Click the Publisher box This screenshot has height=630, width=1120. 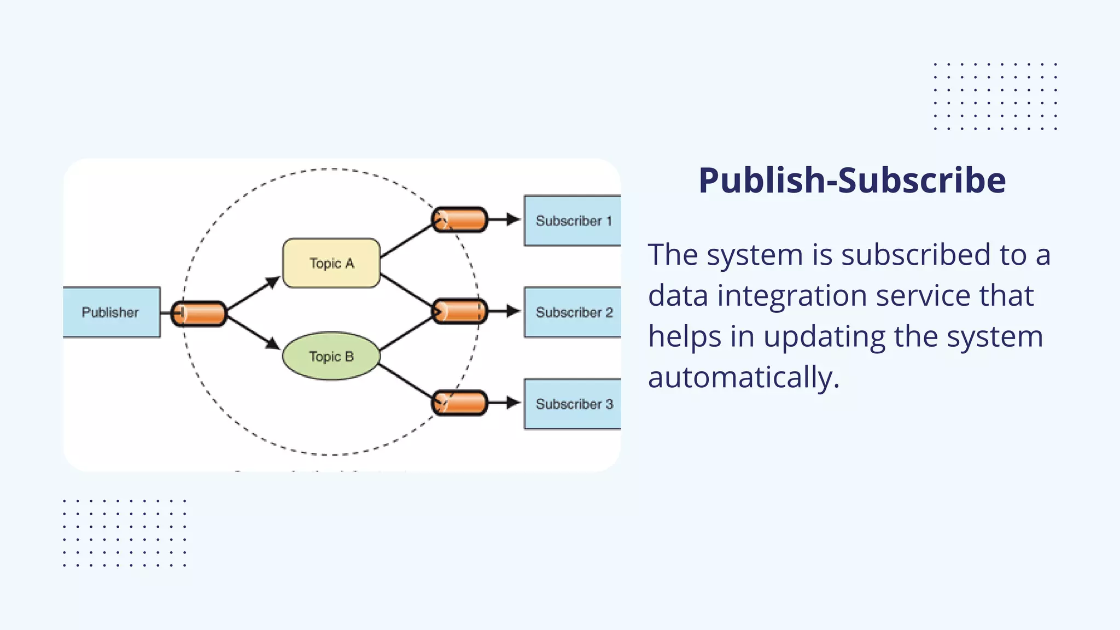111,312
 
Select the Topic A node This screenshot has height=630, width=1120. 331,263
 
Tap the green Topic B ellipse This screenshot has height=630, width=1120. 331,356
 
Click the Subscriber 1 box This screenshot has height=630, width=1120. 573,220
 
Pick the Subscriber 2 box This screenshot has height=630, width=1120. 573,312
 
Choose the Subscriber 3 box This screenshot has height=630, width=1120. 573,404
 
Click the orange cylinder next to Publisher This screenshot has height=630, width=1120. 199,313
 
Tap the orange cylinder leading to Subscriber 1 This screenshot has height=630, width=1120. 459,219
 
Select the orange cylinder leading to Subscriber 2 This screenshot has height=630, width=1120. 459,311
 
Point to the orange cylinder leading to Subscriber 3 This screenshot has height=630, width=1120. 459,403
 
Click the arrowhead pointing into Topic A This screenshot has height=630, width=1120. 273,282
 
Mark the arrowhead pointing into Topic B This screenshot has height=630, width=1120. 273,343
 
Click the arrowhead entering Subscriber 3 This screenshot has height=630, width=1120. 513,403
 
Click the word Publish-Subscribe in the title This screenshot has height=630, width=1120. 852,180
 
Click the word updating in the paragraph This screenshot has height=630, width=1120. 825,336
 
